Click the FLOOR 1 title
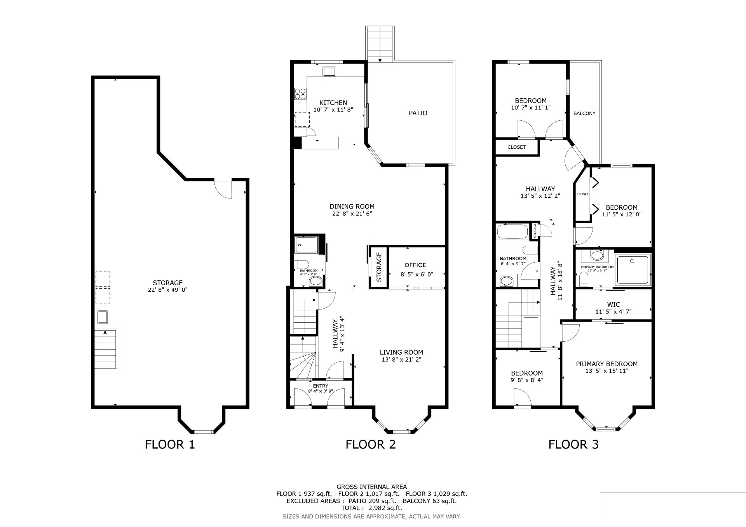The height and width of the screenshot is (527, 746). point(170,444)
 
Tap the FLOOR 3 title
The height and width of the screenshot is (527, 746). point(573,444)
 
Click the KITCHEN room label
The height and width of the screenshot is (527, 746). point(333,103)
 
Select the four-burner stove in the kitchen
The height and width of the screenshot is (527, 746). point(300,94)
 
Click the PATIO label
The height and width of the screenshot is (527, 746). point(418,113)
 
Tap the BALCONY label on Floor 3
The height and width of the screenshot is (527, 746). point(584,113)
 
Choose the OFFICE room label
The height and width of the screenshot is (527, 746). point(415,265)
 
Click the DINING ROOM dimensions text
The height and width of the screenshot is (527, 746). point(352,214)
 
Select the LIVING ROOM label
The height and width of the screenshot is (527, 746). point(401,353)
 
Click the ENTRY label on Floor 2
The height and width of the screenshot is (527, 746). point(321,386)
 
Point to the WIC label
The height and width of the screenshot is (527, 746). point(614,305)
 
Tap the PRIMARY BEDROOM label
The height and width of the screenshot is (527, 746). point(607,364)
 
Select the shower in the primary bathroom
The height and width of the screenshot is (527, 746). point(633,270)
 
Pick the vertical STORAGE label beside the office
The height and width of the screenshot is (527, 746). point(379,267)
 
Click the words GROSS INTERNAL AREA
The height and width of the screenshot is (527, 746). point(372,487)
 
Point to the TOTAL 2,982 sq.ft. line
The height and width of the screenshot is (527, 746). point(372,508)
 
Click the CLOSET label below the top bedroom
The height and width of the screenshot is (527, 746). point(516,147)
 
